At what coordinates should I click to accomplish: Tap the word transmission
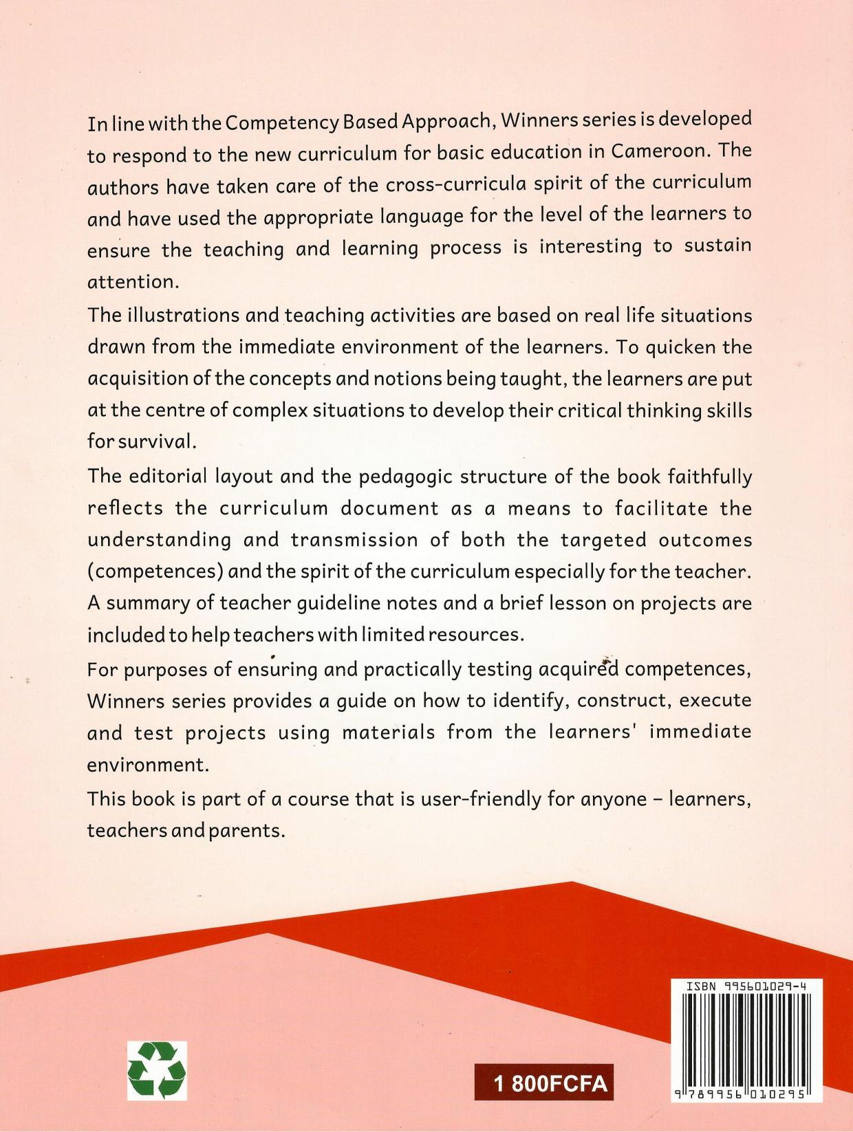click(354, 539)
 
